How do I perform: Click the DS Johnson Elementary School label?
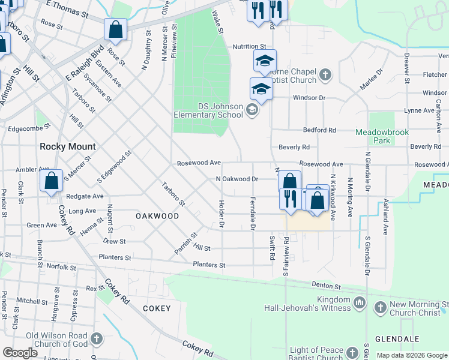208,110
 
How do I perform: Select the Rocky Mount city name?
67,146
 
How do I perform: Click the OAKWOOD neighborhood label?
157,215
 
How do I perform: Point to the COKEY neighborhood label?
157,308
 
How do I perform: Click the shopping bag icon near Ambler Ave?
52,180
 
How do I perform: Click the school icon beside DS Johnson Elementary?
252,109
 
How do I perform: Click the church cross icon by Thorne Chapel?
325,75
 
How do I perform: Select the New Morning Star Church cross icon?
379,308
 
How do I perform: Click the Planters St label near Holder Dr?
209,265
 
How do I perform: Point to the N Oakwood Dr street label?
237,179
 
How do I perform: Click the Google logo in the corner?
20,353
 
